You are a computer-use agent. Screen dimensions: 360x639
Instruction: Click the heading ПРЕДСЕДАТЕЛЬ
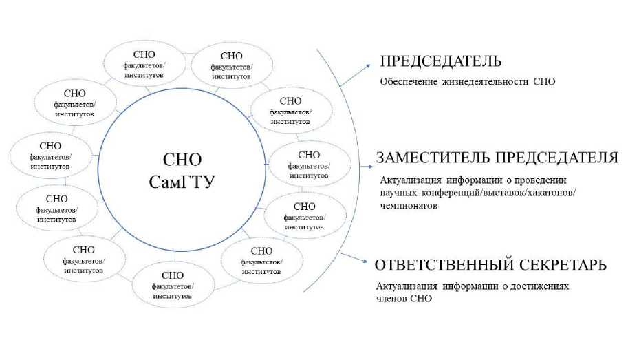pos(441,61)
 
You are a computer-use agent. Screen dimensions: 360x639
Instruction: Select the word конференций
pos(457,192)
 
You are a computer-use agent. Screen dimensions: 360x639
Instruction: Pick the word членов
pos(392,298)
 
